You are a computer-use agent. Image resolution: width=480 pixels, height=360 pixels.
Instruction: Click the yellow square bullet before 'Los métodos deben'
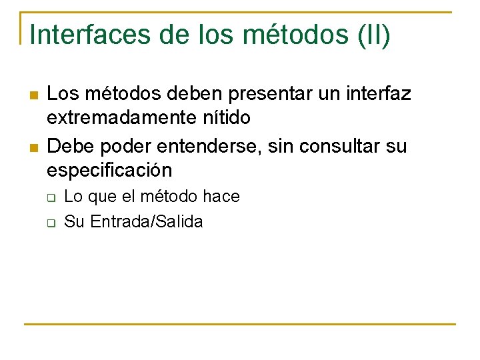33,95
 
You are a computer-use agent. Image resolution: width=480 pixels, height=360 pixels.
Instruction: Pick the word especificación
109,170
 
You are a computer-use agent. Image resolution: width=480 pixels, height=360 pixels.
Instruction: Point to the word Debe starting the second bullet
67,145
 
